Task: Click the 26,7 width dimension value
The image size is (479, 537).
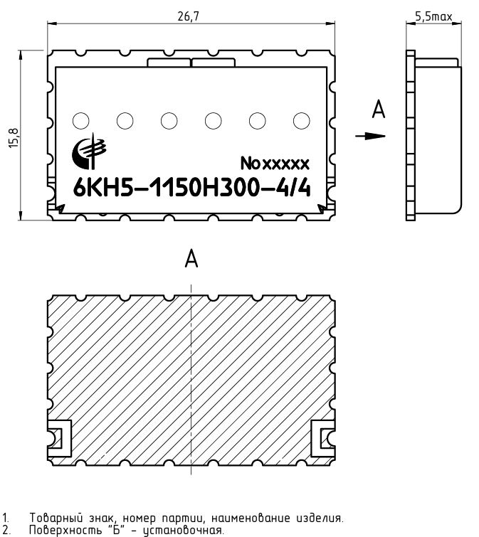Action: pyautogui.click(x=188, y=16)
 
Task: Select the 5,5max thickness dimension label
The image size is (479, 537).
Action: pyautogui.click(x=433, y=16)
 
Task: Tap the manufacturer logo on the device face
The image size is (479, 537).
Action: pyautogui.click(x=89, y=151)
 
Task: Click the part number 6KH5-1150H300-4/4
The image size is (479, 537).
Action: pyautogui.click(x=192, y=188)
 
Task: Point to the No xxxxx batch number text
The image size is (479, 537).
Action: pyautogui.click(x=275, y=164)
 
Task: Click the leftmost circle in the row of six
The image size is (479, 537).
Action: pyautogui.click(x=81, y=121)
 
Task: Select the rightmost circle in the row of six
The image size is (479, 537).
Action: pyautogui.click(x=302, y=121)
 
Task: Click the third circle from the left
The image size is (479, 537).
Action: pyautogui.click(x=169, y=121)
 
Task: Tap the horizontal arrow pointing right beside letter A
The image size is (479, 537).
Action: pyautogui.click(x=370, y=136)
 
